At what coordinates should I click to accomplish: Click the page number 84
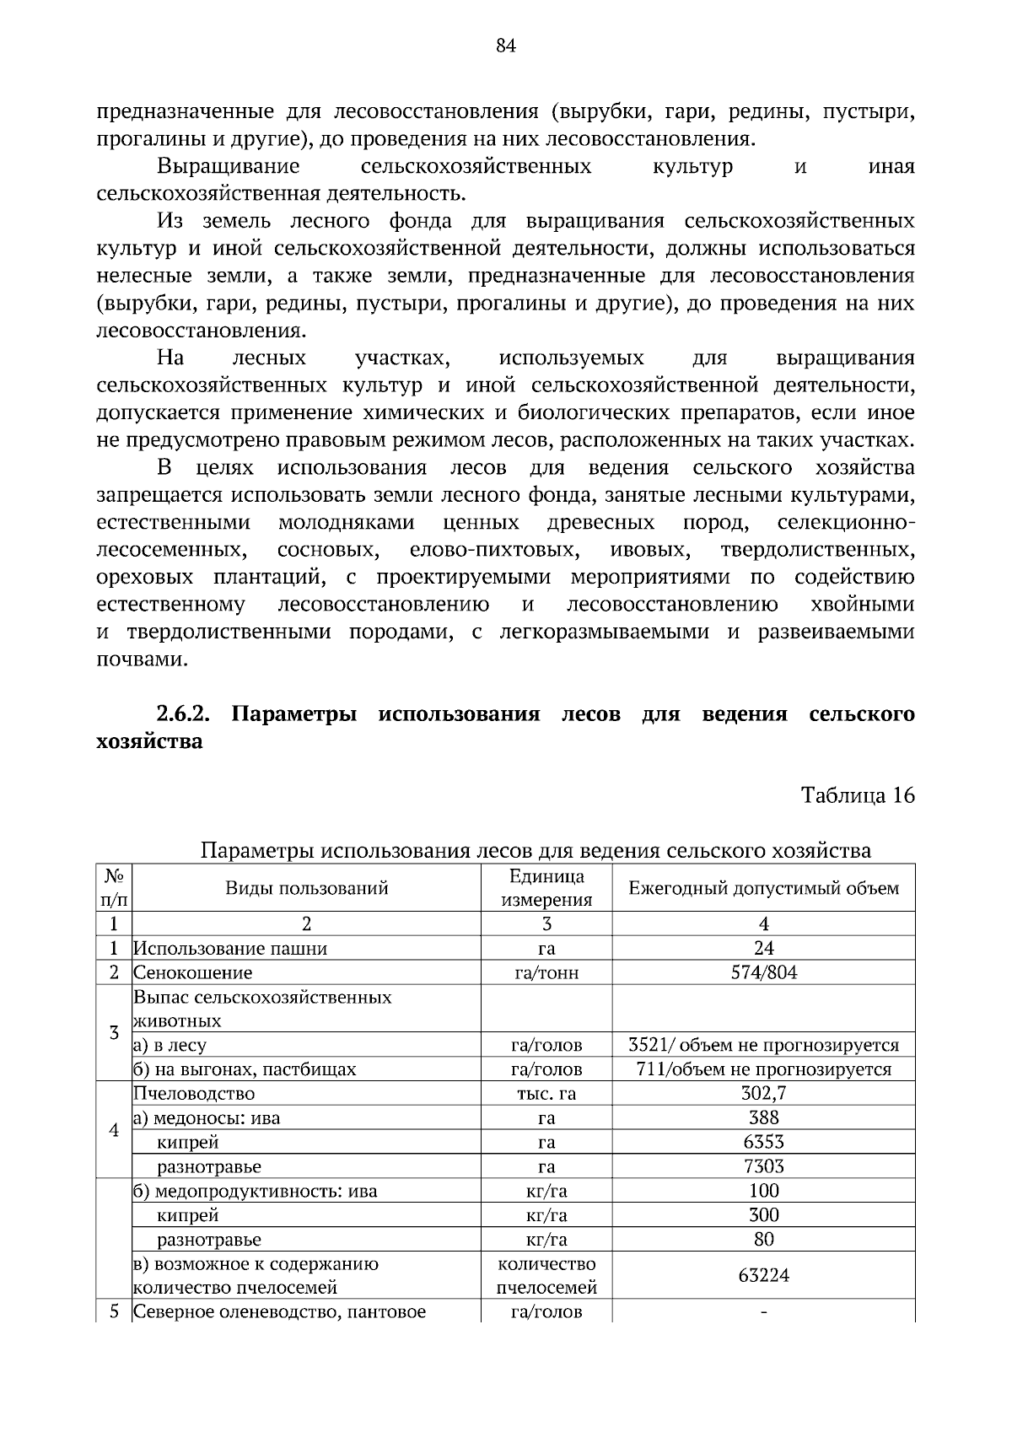505,46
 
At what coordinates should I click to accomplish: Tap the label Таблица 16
858,795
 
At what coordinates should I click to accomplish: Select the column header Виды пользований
306,888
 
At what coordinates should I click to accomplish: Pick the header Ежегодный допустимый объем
763,888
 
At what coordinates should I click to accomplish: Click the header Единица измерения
546,888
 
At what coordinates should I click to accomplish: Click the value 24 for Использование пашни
763,948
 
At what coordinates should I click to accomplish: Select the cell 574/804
763,972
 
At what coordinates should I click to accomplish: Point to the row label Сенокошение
193,972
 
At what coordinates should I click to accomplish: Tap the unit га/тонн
546,972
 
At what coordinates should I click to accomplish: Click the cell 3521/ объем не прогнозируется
763,1045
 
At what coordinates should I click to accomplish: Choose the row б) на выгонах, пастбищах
245,1069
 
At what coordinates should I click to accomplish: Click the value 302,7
763,1094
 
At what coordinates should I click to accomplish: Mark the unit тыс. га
546,1094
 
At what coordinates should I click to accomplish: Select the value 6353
763,1142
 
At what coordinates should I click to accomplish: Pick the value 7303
763,1166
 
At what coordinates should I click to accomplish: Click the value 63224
763,1275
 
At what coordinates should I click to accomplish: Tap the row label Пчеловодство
194,1094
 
